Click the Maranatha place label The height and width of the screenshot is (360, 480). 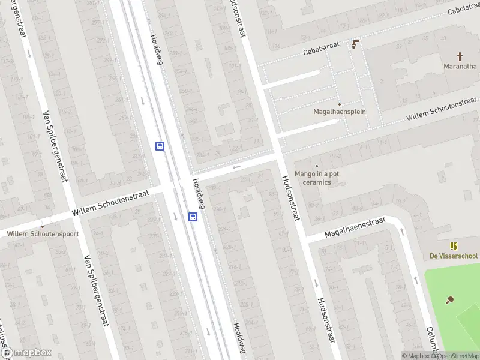tap(460, 66)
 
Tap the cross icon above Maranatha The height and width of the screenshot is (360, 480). tap(460, 56)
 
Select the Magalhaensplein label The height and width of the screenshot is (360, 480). tap(340, 112)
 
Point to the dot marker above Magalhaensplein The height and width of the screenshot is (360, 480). tap(339, 104)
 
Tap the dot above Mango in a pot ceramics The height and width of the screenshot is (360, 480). tap(316, 166)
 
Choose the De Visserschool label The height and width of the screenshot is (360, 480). tap(454, 256)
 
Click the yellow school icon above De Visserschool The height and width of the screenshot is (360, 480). tap(454, 246)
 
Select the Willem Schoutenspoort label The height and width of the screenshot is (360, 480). tap(43, 233)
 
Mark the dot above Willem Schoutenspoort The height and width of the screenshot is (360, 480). tap(42, 226)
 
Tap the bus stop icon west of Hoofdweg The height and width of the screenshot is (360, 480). tap(160, 146)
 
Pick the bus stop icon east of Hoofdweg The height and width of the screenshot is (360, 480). tap(193, 217)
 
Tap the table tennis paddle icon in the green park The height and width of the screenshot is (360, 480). tap(449, 300)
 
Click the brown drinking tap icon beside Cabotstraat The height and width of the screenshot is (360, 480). tap(355, 44)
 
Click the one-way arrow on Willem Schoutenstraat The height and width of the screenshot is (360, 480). tap(237, 167)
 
